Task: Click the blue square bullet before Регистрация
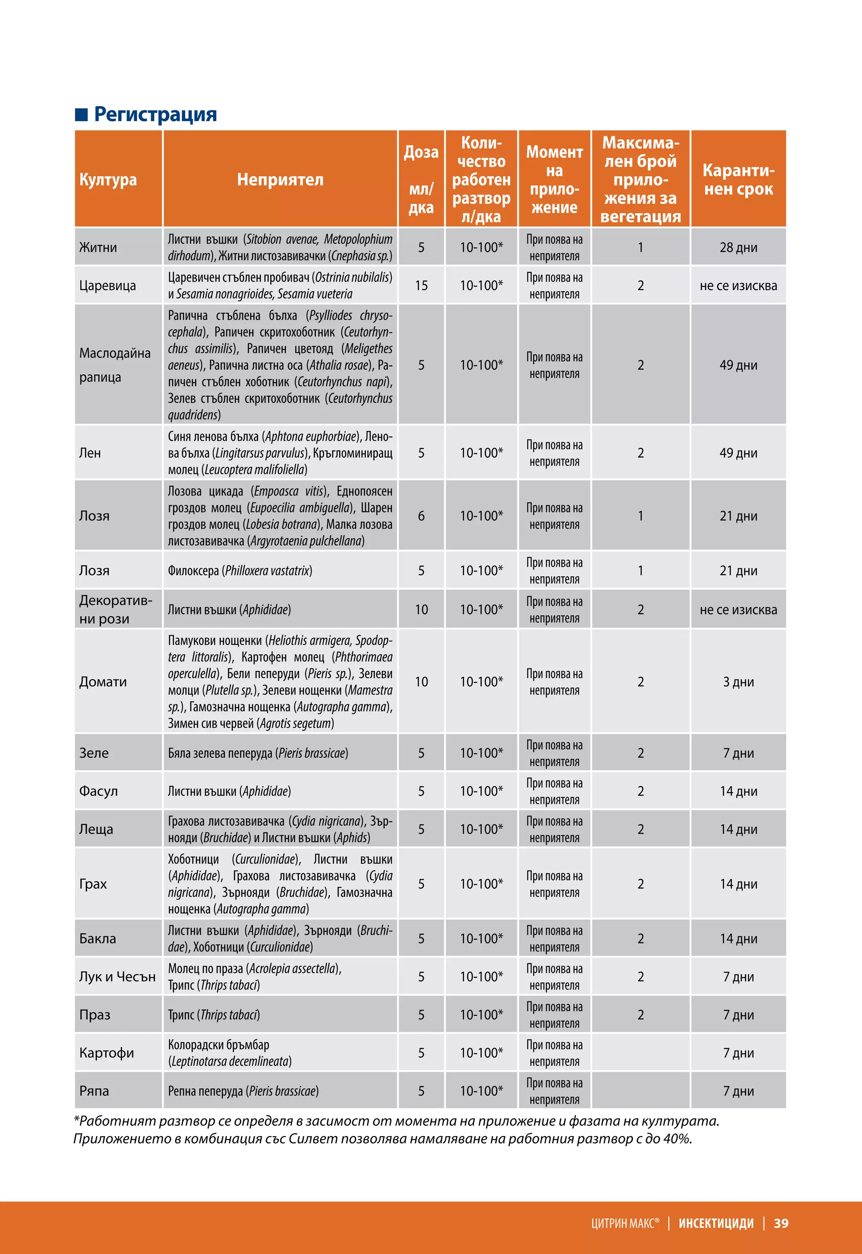[x=81, y=114]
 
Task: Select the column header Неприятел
[x=280, y=179]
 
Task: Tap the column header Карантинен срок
[x=738, y=179]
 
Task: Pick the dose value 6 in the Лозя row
[x=421, y=516]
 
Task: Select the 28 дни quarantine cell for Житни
[x=738, y=248]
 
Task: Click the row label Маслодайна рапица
[x=114, y=365]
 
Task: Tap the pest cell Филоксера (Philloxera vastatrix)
[x=240, y=570]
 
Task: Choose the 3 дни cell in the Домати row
[x=738, y=682]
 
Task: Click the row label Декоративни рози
[x=116, y=609]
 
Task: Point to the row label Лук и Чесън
[x=117, y=977]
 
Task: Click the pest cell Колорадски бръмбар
[x=219, y=1044]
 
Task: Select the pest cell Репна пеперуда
[x=243, y=1091]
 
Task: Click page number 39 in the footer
[x=781, y=1223]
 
